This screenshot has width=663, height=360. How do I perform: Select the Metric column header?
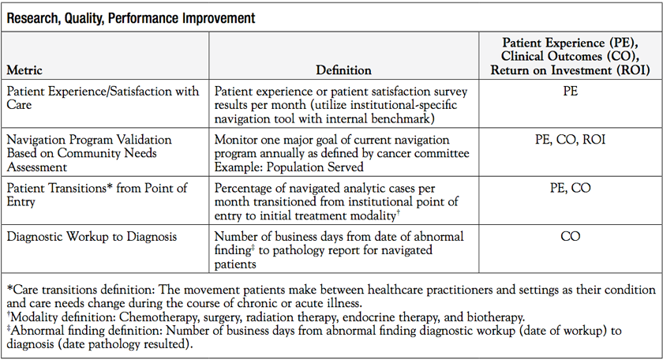[x=24, y=70]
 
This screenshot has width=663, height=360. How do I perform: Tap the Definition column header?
[x=343, y=70]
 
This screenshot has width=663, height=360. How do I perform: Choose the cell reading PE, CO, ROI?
[x=570, y=139]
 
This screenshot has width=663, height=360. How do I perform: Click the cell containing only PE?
[x=570, y=92]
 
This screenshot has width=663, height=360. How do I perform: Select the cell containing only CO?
[x=570, y=236]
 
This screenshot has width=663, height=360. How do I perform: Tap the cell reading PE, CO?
[x=570, y=188]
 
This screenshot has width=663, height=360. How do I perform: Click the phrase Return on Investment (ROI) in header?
[x=570, y=70]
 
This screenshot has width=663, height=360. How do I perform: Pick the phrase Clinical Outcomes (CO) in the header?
[x=570, y=56]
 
